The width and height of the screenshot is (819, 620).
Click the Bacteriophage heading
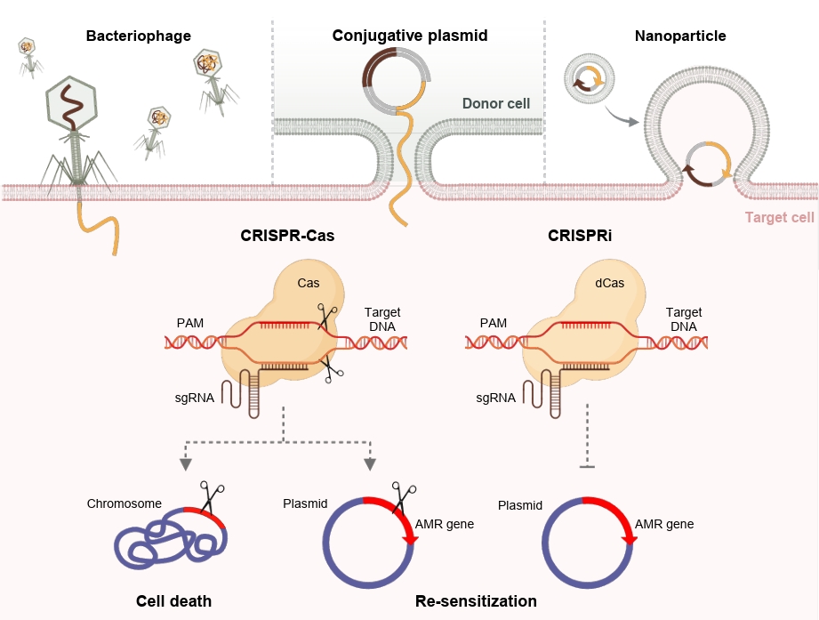click(x=139, y=36)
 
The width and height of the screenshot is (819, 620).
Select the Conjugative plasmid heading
click(x=410, y=36)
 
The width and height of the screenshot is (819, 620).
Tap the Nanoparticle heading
click(x=680, y=36)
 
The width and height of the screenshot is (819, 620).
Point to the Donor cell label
click(x=496, y=104)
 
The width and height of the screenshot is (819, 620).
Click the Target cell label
click(x=779, y=218)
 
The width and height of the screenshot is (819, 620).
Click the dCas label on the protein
click(x=610, y=286)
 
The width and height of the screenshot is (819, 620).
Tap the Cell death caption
click(x=174, y=601)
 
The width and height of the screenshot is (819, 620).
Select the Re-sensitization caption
click(x=476, y=601)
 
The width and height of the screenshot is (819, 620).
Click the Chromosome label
click(x=124, y=504)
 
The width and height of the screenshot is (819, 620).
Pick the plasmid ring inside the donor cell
click(x=396, y=77)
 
